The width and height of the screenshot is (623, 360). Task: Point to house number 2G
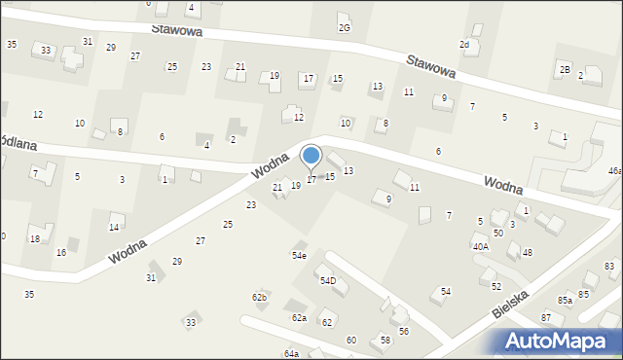[x=345, y=27]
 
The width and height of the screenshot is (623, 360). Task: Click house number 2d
[x=464, y=45]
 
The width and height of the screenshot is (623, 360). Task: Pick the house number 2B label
[x=565, y=69]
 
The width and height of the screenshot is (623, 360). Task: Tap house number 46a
[x=614, y=170]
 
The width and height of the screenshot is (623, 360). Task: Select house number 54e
[x=299, y=255]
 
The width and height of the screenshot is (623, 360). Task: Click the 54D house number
[x=328, y=281]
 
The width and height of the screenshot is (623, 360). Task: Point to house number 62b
[x=259, y=297]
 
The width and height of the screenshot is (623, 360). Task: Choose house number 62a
[x=299, y=318]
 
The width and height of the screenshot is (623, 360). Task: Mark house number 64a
[x=291, y=354]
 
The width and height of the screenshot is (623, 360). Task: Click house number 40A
[x=481, y=247]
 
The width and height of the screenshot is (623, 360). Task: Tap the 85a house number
[x=565, y=301]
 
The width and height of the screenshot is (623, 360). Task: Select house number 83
[x=609, y=266]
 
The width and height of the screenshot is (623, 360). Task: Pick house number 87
[x=546, y=318]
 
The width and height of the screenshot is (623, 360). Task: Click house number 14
[x=114, y=228]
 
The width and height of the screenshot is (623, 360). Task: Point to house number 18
[x=34, y=239]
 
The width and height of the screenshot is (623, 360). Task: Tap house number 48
[x=528, y=253]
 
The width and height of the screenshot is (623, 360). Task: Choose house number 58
[x=385, y=340]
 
